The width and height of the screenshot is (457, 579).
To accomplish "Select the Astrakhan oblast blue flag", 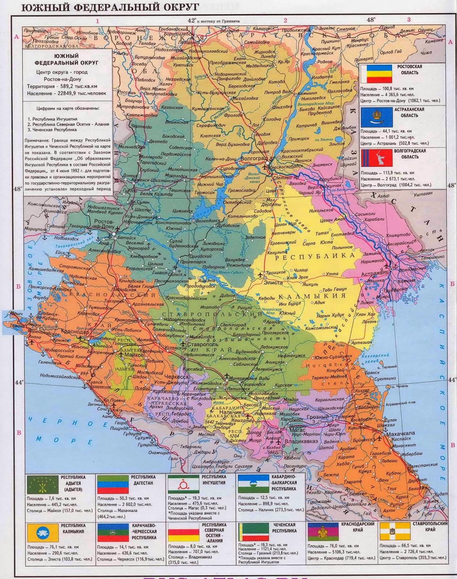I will (377, 117).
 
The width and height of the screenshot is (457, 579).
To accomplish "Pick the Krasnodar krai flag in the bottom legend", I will (322, 533).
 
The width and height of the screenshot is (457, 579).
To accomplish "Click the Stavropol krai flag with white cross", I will (393, 533).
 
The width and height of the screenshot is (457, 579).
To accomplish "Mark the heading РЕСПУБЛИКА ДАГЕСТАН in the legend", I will (143, 480).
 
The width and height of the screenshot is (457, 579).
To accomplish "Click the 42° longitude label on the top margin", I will (192, 21).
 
